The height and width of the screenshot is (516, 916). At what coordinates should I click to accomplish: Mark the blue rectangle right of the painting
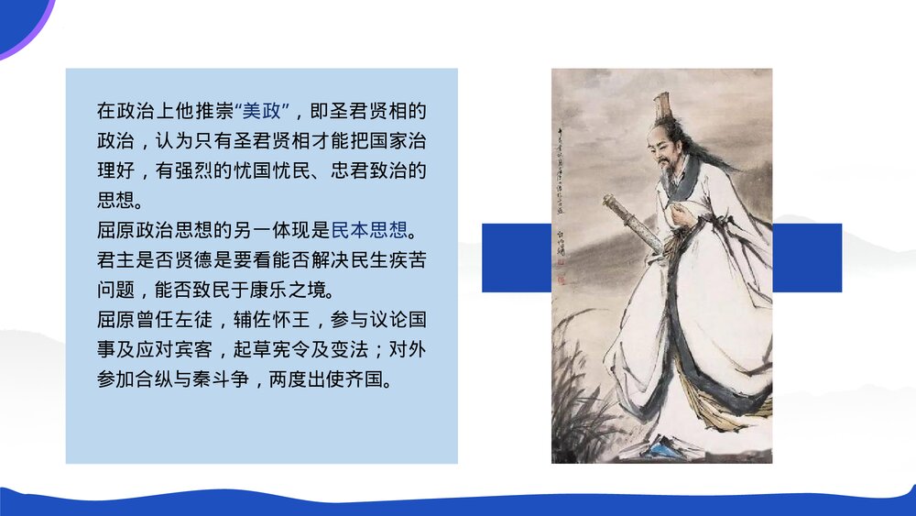pos(807,258)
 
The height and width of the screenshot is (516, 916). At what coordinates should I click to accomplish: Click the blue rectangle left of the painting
pos(516,258)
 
